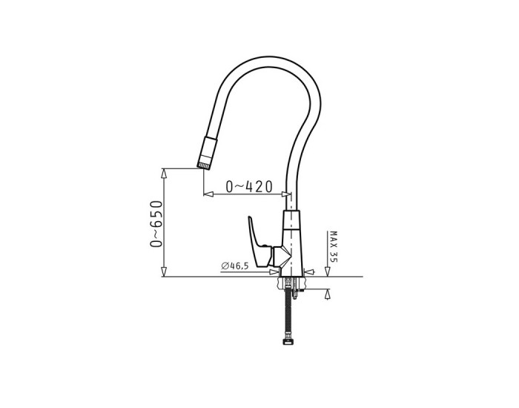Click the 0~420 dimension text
point(249,186)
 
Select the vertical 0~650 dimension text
point(156,224)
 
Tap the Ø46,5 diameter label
point(235,266)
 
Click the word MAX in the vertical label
point(334,239)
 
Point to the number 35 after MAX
point(334,257)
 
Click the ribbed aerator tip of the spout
point(204,165)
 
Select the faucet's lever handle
point(259,242)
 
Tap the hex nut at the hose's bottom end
point(288,341)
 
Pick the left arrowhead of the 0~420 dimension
point(208,194)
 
